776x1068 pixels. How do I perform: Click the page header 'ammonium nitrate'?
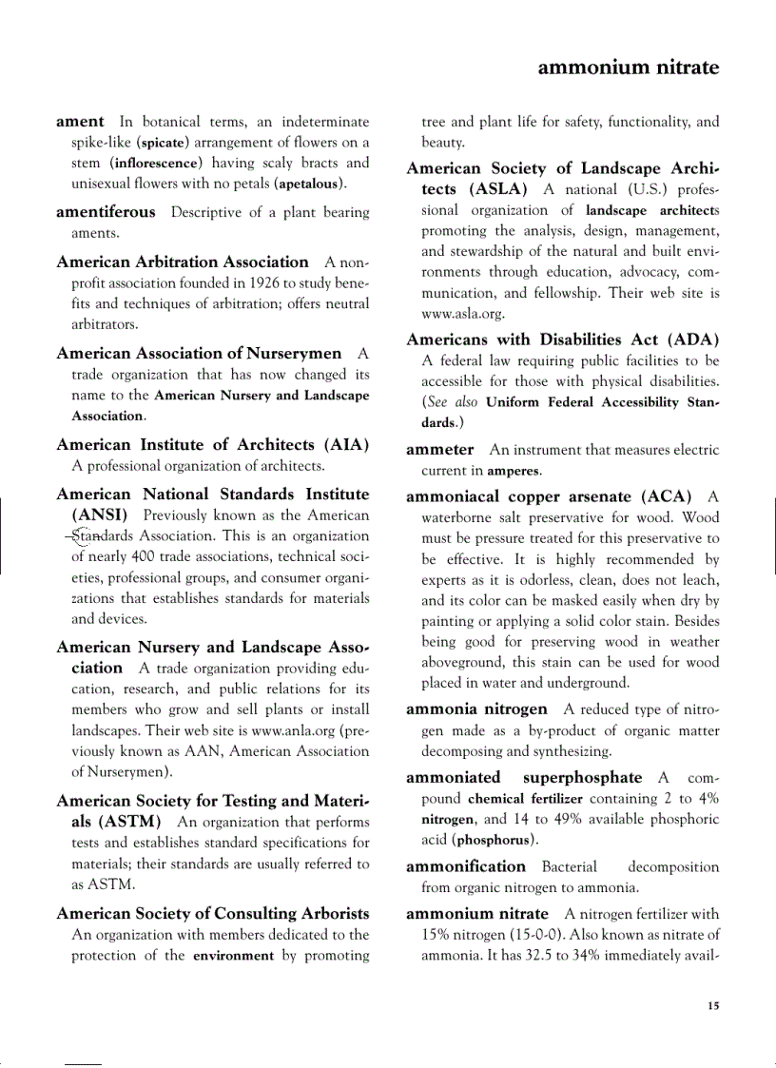point(628,68)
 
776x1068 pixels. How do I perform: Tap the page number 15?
point(713,1006)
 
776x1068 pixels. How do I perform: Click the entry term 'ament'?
point(80,121)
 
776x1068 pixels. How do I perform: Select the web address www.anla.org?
point(298,730)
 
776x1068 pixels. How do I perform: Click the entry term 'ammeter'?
point(439,450)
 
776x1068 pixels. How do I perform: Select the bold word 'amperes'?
point(514,471)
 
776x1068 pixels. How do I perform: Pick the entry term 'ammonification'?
point(465,866)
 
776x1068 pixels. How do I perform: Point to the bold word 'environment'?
point(233,956)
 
